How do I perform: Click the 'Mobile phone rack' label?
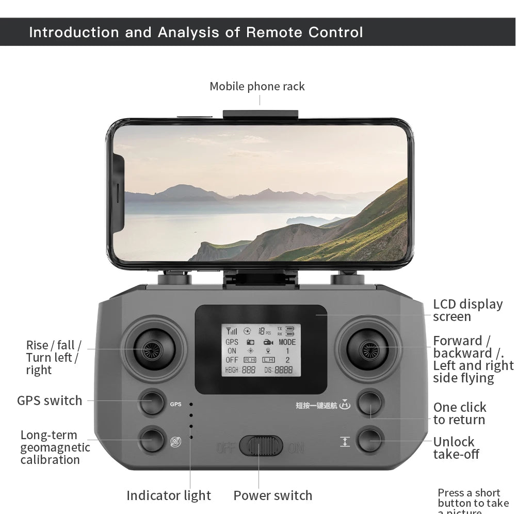tap(257, 86)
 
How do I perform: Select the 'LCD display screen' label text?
tap(467, 310)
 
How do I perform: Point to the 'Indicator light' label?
tap(169, 495)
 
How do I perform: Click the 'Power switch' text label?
tap(272, 495)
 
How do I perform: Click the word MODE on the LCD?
tap(287, 342)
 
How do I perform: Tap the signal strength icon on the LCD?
tap(231, 331)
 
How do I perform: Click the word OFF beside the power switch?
tap(226, 447)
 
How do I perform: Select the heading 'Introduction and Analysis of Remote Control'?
tap(196, 32)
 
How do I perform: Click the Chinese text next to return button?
tap(316, 405)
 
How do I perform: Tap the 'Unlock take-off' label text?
tap(456, 447)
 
